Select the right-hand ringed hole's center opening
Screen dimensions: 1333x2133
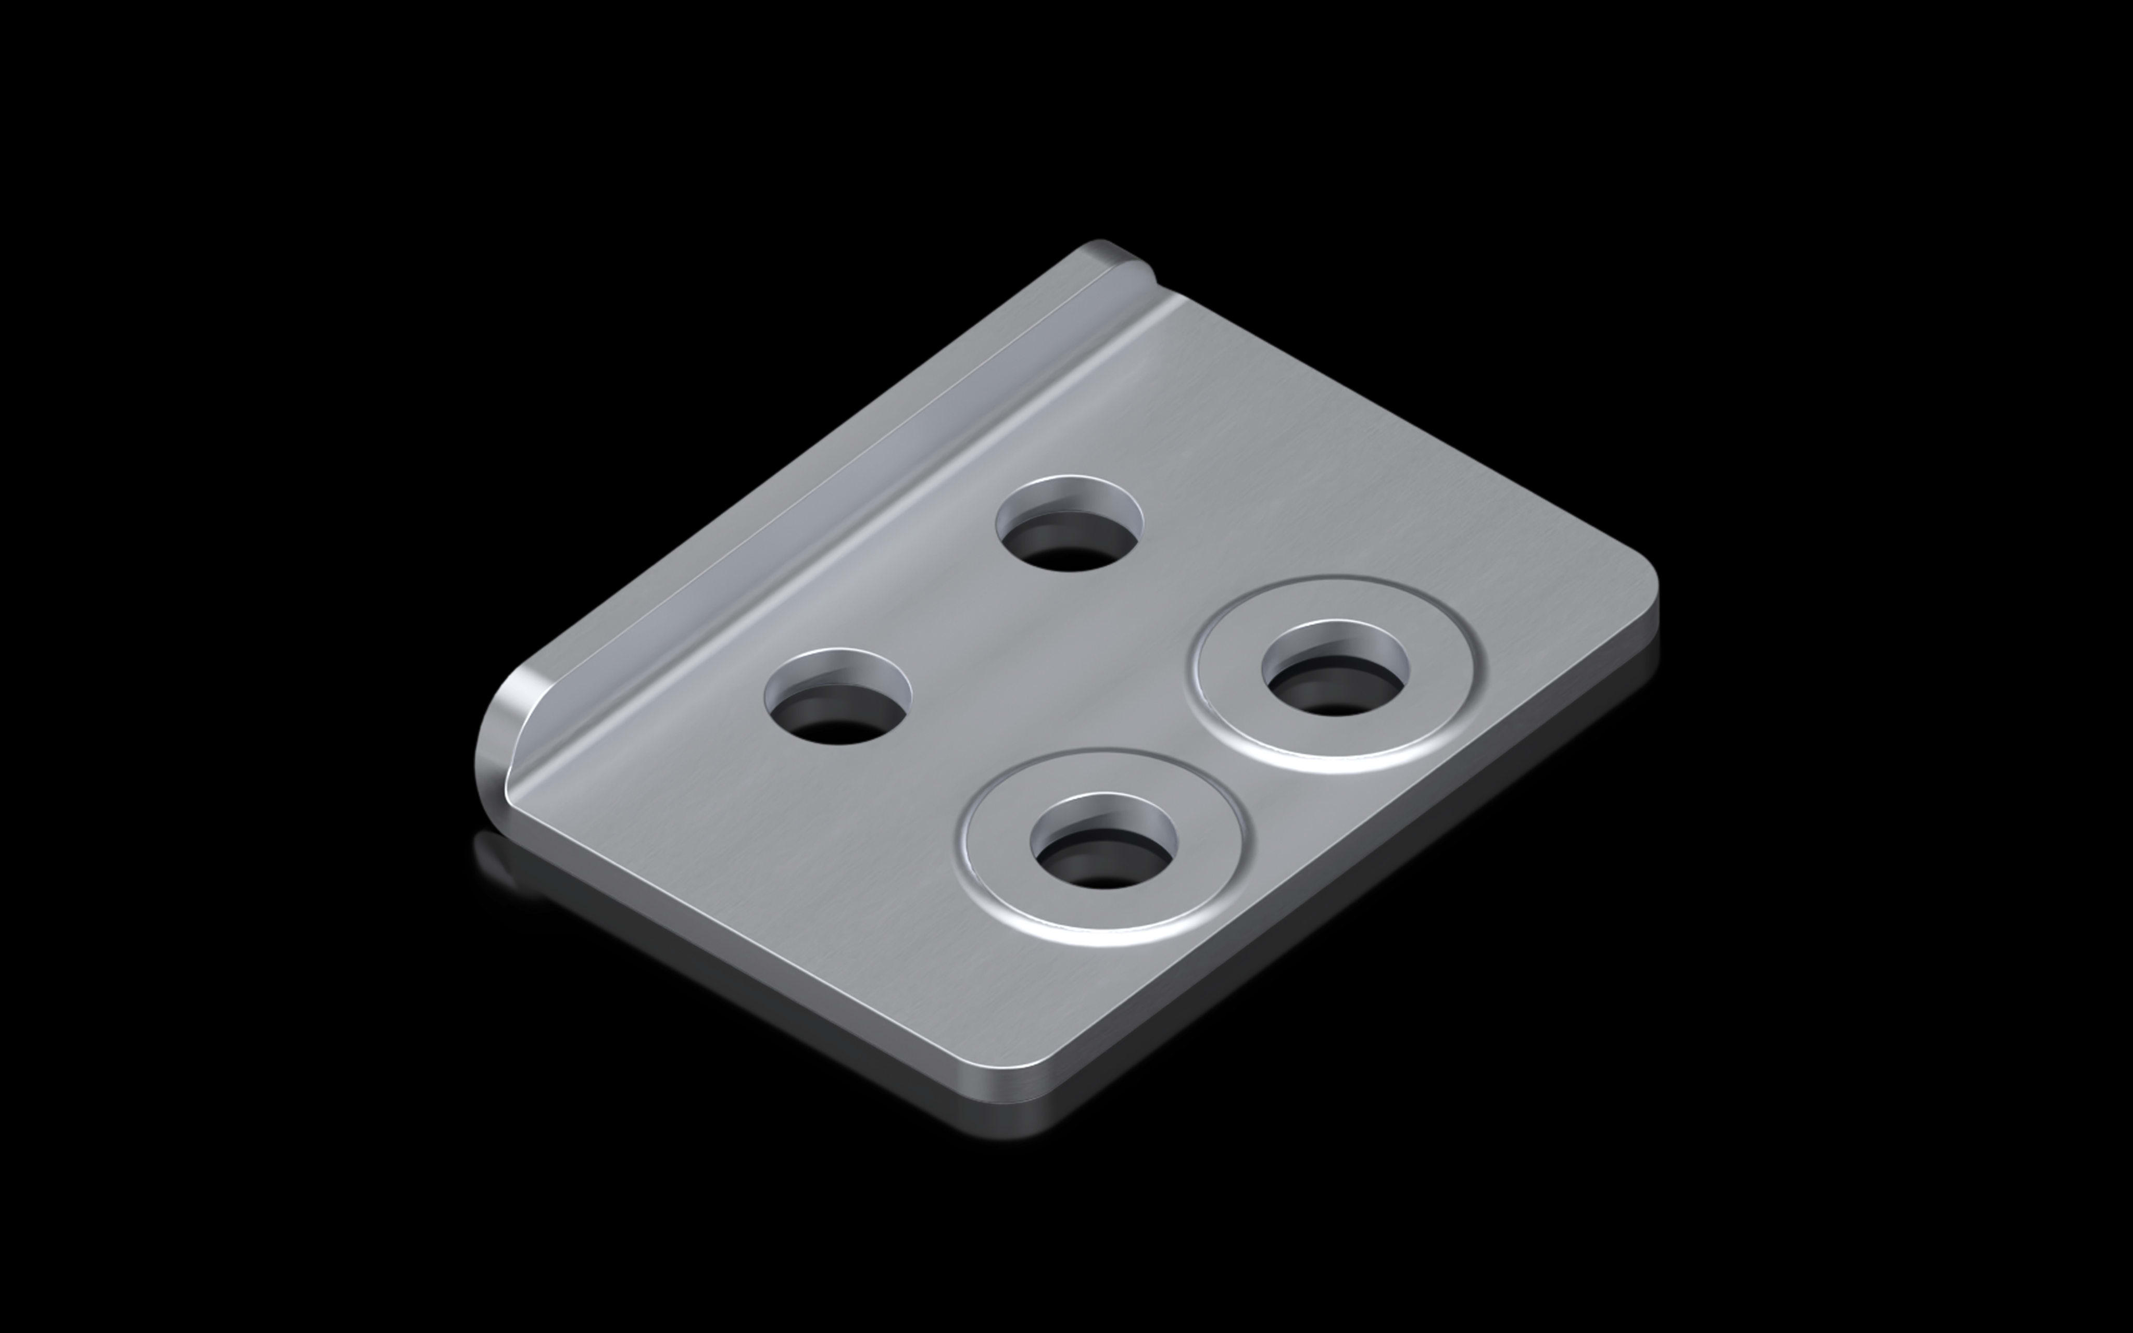(1335, 675)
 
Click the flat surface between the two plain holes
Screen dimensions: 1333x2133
(952, 617)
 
